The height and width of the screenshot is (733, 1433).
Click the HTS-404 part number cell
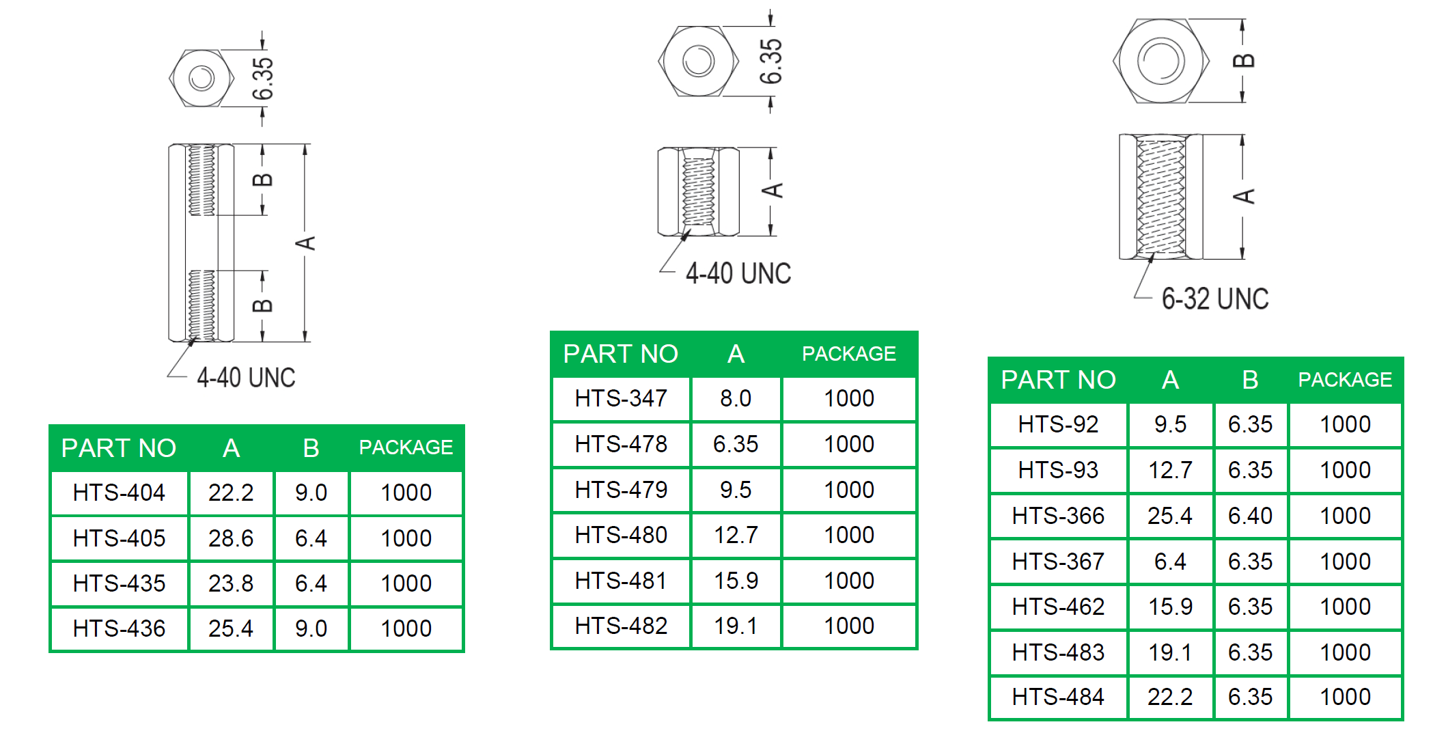119,493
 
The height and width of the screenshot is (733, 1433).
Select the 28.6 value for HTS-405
231,538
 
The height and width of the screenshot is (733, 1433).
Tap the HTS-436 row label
119,628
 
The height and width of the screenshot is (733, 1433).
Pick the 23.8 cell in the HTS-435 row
231,583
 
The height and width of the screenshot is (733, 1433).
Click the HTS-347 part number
621,398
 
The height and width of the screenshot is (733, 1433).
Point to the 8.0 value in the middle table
736,398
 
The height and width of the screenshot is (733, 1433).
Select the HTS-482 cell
621,626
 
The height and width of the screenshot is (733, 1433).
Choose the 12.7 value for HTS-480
736,535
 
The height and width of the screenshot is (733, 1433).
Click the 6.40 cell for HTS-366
1250,516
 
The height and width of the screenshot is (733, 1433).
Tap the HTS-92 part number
1058,424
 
